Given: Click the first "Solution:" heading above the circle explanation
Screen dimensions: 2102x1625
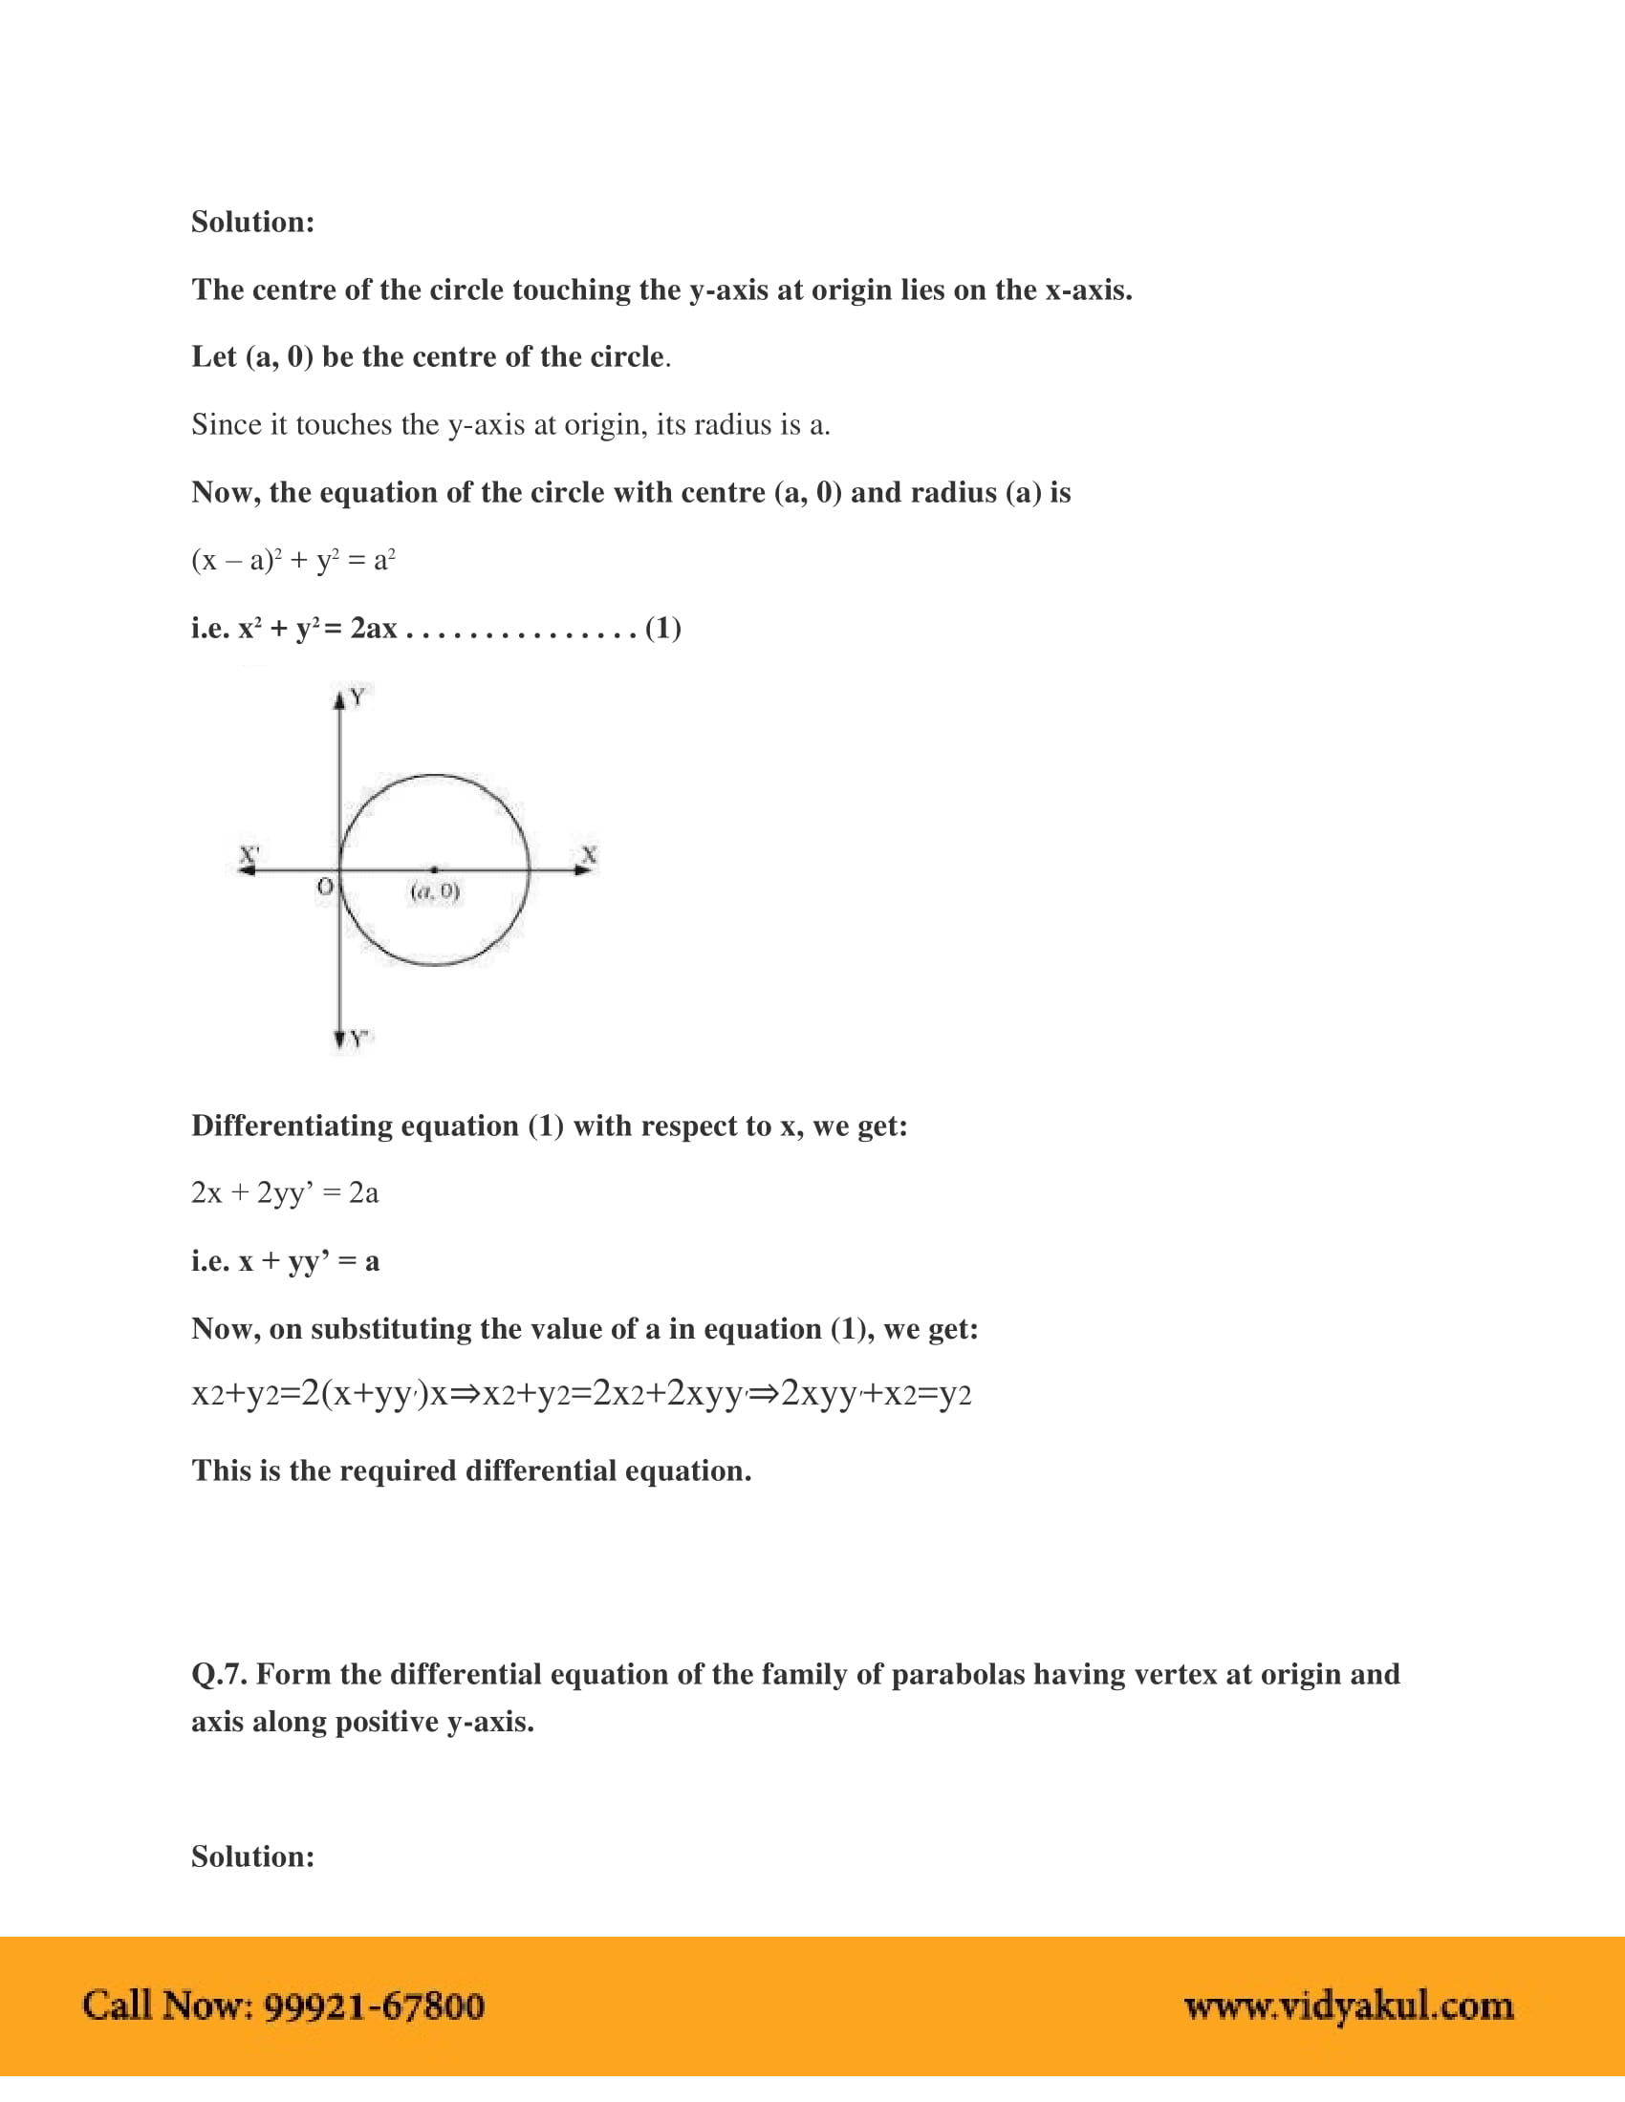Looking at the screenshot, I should (x=252, y=223).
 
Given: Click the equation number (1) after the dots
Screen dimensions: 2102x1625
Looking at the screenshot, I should (x=662, y=629).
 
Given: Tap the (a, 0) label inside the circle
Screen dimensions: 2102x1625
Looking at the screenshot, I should (x=435, y=891).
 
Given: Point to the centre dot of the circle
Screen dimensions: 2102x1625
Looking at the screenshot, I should (x=434, y=869).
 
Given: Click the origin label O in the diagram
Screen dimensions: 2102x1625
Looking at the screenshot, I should (x=325, y=887).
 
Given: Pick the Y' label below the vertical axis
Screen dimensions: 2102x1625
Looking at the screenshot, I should (x=360, y=1039).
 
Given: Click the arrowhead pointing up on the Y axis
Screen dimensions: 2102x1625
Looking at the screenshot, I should (x=339, y=700).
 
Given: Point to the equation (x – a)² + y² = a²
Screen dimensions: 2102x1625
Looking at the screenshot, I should (x=293, y=560).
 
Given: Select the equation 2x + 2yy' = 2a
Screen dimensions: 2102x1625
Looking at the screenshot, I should (x=285, y=1193).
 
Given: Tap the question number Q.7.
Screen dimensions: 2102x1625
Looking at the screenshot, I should (x=220, y=1675).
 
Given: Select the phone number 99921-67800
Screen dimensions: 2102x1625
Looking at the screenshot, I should (x=375, y=2005).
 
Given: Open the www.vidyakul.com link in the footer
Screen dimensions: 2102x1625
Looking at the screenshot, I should (x=1348, y=2005).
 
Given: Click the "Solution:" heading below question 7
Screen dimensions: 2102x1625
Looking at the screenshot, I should (x=252, y=1856).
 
